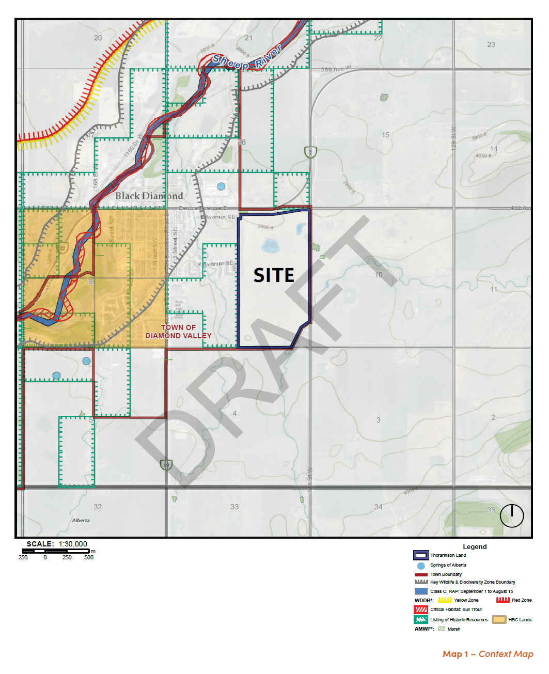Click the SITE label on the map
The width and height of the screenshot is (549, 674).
click(x=274, y=275)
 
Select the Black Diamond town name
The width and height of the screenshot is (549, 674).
click(x=149, y=196)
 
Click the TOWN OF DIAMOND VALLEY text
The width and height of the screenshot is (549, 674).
click(x=179, y=332)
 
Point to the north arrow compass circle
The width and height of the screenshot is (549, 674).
click(x=512, y=515)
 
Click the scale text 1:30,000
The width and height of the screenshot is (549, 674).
click(x=73, y=544)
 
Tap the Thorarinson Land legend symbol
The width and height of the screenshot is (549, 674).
click(x=421, y=555)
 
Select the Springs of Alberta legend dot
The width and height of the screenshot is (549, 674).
click(x=421, y=566)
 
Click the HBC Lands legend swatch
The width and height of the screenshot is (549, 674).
click(x=499, y=619)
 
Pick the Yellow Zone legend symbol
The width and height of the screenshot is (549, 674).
click(x=445, y=600)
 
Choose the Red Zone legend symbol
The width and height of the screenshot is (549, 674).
click(x=503, y=600)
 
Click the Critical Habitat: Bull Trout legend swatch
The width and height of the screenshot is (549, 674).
click(x=421, y=609)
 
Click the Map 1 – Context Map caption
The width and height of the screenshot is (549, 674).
click(x=488, y=654)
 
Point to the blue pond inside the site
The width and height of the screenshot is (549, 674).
click(x=270, y=246)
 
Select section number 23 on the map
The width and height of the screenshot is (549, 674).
click(x=491, y=44)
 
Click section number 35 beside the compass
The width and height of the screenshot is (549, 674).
click(x=491, y=510)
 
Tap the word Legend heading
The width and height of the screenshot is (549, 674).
click(x=475, y=546)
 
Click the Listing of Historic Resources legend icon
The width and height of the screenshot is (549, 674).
click(x=421, y=619)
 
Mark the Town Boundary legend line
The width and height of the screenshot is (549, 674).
click(x=421, y=574)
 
